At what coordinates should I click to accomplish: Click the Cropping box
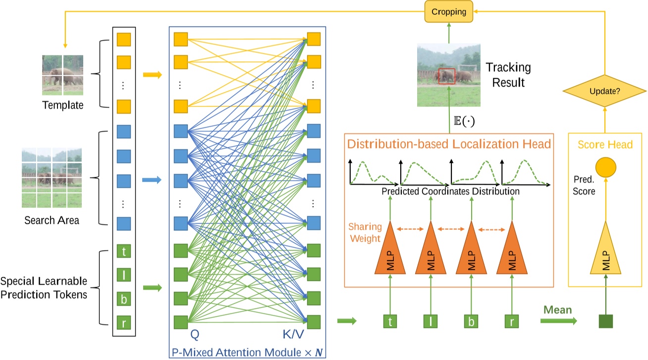tap(449, 11)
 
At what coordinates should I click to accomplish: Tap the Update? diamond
tap(604, 91)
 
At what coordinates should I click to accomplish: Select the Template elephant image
tap(63, 75)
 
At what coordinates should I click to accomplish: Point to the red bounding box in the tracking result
tap(446, 76)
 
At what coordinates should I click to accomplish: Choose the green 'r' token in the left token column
tap(123, 324)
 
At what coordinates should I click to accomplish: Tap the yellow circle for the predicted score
tap(605, 168)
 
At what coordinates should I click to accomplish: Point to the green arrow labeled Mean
tap(558, 321)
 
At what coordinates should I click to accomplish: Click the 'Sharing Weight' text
tap(364, 233)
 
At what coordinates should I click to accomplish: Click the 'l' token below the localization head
tap(430, 321)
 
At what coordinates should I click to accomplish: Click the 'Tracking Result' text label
tap(508, 74)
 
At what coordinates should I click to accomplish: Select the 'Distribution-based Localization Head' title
tap(449, 145)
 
